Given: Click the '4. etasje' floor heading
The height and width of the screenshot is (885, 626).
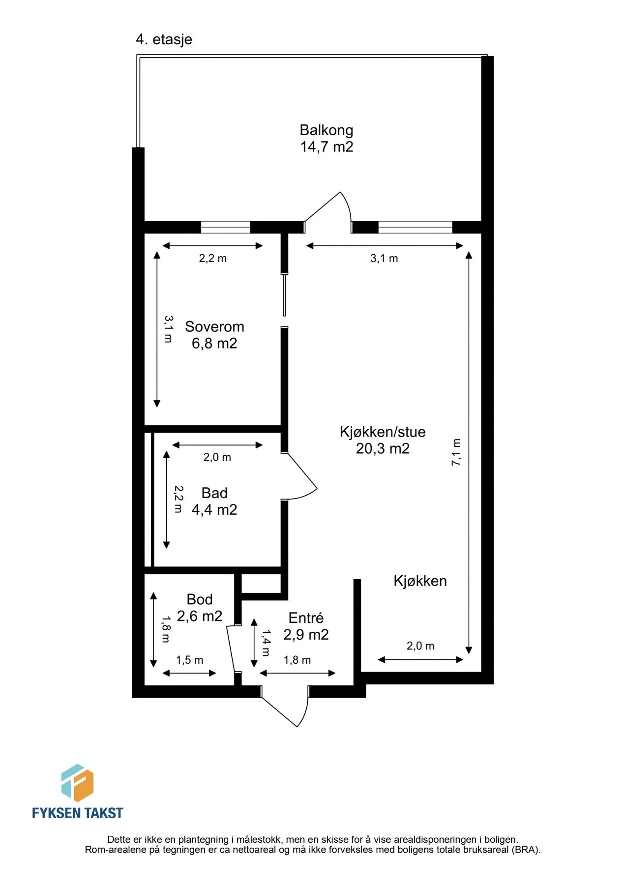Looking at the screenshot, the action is (x=164, y=39).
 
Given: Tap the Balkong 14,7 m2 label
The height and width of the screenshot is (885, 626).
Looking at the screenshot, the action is (x=327, y=138).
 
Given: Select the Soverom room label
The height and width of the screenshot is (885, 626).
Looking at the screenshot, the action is (x=214, y=326).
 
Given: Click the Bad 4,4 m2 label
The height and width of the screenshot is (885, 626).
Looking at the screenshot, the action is (x=214, y=501).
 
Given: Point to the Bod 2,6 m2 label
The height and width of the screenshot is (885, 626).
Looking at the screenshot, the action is (x=200, y=608).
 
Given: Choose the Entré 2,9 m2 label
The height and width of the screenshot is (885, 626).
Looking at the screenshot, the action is (x=306, y=626).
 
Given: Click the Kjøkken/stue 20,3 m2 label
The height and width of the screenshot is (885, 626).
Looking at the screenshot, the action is (x=383, y=440).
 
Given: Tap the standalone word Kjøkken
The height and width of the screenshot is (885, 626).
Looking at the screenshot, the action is (x=420, y=581).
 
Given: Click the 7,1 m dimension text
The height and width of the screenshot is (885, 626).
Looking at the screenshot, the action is (x=456, y=452).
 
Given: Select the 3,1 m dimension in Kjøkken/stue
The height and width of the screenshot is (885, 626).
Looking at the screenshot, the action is (x=384, y=258).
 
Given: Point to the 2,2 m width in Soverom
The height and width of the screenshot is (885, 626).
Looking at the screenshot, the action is (x=213, y=258).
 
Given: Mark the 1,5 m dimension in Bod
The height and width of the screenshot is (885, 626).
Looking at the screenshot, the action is (x=190, y=660).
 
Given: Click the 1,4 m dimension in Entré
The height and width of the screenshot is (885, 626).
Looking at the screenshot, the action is (x=266, y=643).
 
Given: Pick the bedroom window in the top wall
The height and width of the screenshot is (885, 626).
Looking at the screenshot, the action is (x=226, y=227).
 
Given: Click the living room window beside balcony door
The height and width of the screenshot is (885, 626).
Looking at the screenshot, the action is (x=415, y=227).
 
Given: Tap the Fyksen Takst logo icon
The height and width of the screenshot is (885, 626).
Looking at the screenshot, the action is (x=77, y=783).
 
